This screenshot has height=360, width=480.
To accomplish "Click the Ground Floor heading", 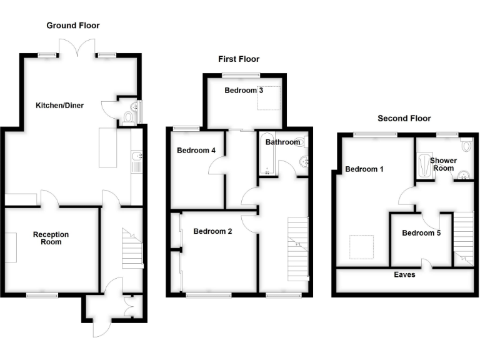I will (73, 26).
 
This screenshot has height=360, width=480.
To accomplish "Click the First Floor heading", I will (238, 59).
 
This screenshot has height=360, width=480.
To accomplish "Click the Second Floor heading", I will (404, 118).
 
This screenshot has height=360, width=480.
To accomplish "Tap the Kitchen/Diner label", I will (59, 105).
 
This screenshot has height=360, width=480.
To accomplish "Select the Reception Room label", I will (51, 238).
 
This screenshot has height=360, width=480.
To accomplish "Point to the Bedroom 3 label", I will (243, 91).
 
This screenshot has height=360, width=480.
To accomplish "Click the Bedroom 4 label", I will (196, 151).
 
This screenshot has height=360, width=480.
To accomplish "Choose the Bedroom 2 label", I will (212, 231).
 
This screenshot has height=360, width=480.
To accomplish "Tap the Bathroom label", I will (282, 142).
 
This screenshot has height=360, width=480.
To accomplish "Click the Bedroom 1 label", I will (364, 169).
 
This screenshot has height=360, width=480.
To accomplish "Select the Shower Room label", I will (444, 164).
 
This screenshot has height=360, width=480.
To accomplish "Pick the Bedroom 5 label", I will (421, 233).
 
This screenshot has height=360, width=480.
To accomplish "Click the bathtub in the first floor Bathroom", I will (266, 155).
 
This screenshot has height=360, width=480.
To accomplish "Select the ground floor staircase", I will (132, 249).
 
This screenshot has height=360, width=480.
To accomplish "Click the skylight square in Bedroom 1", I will (361, 247).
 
